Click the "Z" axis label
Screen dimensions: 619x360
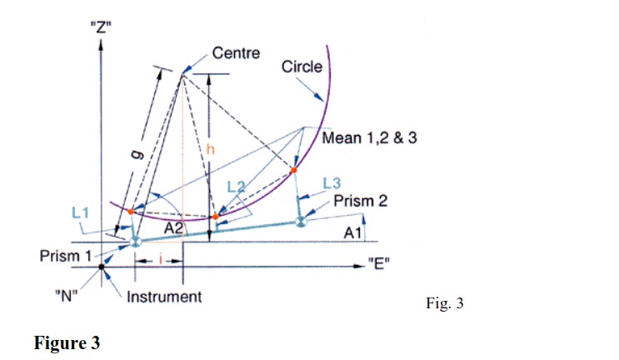click(x=101, y=27)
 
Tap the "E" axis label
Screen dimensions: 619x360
click(x=378, y=263)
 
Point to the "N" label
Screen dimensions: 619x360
click(x=67, y=295)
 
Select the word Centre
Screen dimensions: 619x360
click(x=236, y=52)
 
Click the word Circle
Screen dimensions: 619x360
click(x=302, y=67)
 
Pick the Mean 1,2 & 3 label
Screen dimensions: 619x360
click(x=370, y=137)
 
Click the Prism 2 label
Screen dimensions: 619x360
click(x=361, y=201)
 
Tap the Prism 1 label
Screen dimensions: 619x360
click(x=66, y=256)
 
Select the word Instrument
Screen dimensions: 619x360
click(x=164, y=297)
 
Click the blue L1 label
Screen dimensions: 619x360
click(x=80, y=213)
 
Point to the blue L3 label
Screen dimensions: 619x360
click(x=332, y=183)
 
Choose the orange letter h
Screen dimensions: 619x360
click(x=211, y=149)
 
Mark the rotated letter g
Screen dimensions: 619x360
click(x=137, y=154)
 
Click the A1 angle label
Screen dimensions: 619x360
click(x=352, y=233)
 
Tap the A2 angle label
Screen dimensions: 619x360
click(x=173, y=228)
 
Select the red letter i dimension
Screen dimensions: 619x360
click(x=160, y=259)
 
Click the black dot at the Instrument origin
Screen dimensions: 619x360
click(x=102, y=267)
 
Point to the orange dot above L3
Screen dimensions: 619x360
click(x=294, y=170)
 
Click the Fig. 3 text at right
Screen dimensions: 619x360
click(x=445, y=303)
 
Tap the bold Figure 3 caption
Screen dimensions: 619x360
click(x=67, y=342)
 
